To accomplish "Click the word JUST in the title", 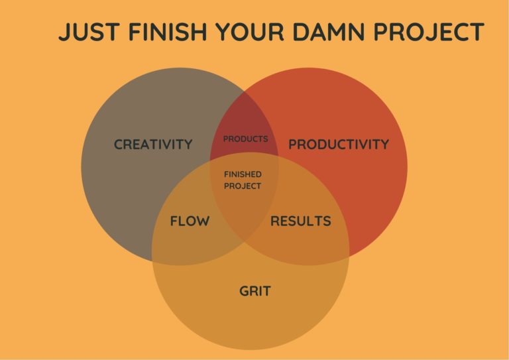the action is click(89, 32).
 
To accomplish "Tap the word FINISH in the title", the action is click(168, 32).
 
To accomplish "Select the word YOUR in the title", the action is click(250, 32).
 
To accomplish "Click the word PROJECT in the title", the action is click(429, 32).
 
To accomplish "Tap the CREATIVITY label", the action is click(153, 145).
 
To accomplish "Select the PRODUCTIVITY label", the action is click(339, 145).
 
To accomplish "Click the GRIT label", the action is click(254, 291).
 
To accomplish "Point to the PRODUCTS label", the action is click(245, 139).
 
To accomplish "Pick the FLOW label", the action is click(190, 221).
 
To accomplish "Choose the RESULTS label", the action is click(301, 221).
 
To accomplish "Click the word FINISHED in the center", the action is click(243, 174).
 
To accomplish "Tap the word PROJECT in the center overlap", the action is click(243, 186).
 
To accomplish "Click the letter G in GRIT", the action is click(245, 291).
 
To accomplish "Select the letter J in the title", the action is click(64, 32).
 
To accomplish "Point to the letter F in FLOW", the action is click(174, 221).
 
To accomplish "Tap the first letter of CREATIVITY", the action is click(119, 145).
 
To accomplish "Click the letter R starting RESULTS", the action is click(275, 221).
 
